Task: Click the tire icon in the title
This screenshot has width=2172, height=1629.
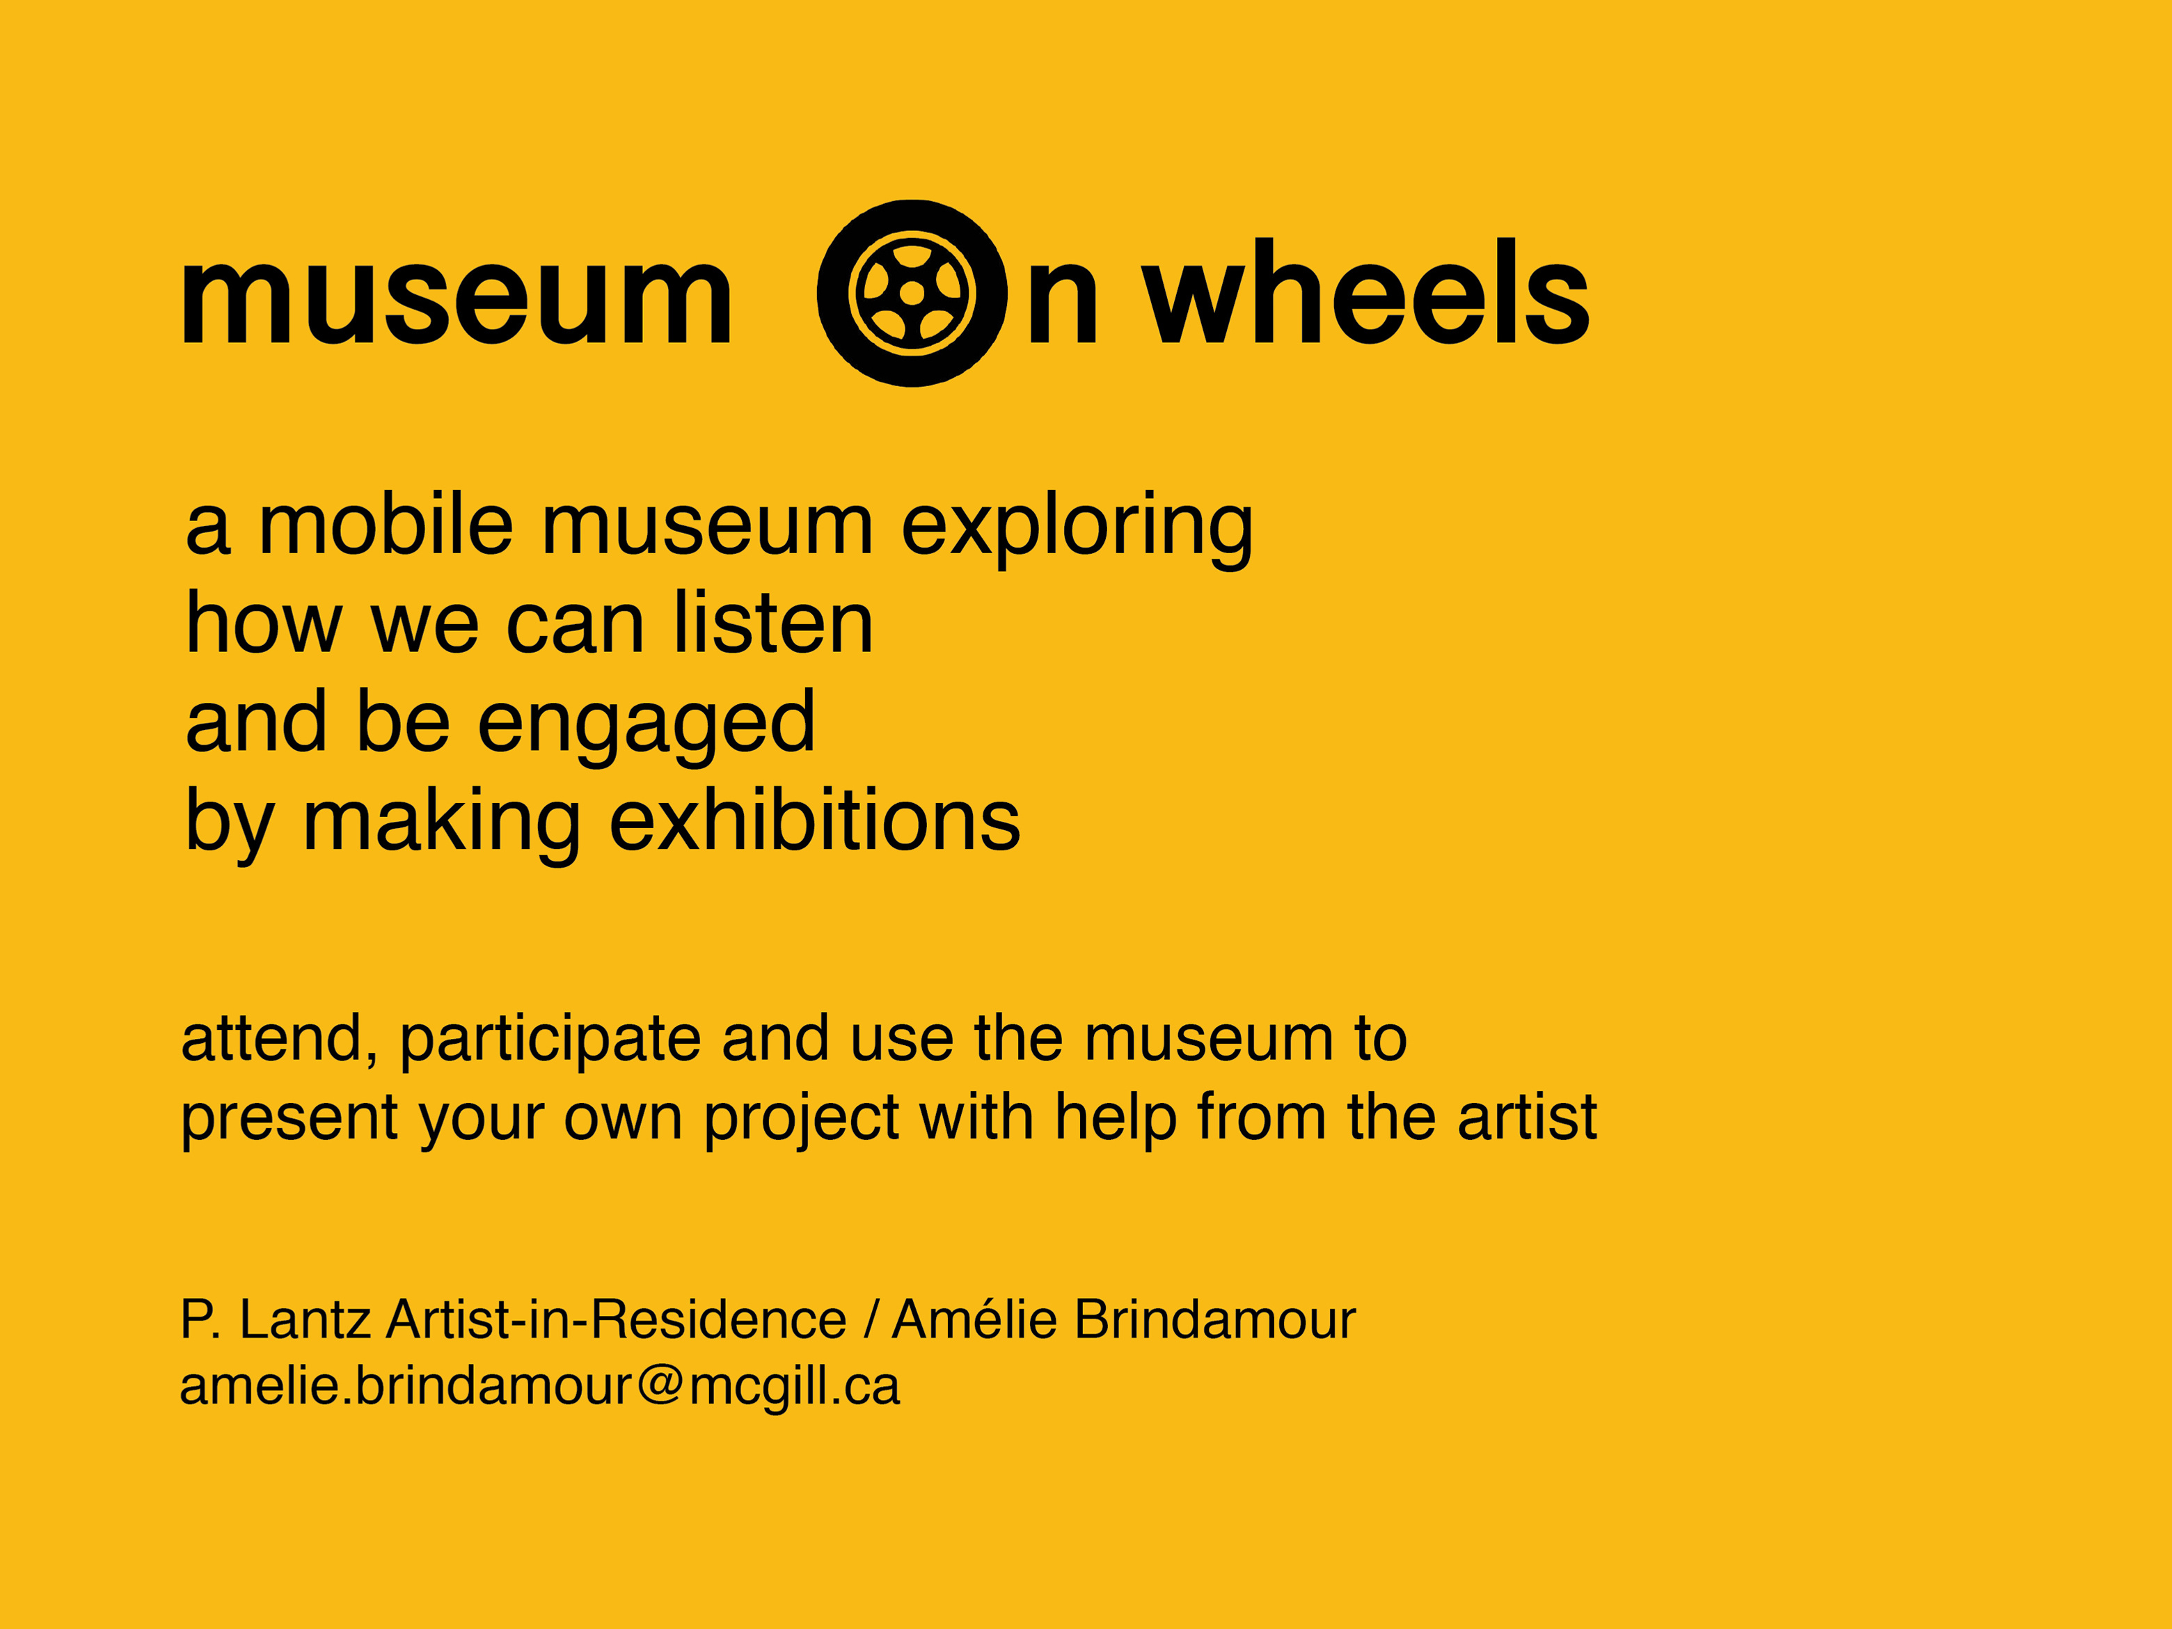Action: pyautogui.click(x=912, y=293)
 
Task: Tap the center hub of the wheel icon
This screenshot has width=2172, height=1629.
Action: pyautogui.click(x=912, y=293)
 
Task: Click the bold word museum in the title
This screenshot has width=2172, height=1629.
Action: pyautogui.click(x=457, y=299)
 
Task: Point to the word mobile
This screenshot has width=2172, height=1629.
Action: pyautogui.click(x=385, y=525)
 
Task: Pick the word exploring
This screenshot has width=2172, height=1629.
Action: pyautogui.click(x=1077, y=530)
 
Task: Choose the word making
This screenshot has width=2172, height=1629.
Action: pyautogui.click(x=442, y=825)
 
